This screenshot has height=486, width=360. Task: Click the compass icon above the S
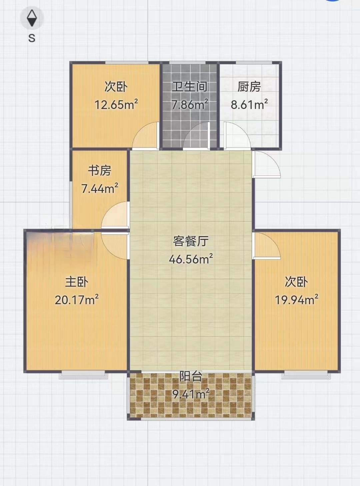coord(32,18)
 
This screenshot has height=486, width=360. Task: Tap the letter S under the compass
coord(32,38)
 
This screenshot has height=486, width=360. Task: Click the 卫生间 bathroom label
coord(190,86)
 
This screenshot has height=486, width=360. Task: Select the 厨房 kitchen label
coord(249,87)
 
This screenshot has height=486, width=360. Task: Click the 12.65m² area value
coord(116,105)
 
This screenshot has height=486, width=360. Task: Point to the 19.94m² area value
coord(297,299)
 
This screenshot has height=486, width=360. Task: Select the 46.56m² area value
coord(191,259)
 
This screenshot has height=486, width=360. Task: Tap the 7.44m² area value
coord(100,188)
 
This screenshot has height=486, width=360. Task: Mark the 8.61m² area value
coord(249,104)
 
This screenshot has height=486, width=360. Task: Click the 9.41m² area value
coord(191,394)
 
